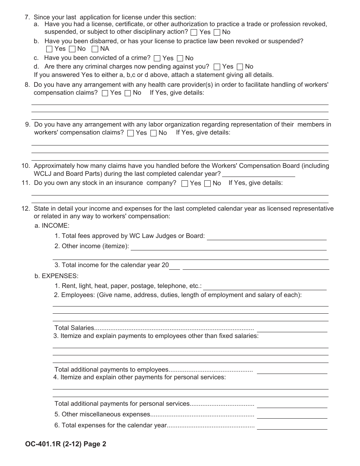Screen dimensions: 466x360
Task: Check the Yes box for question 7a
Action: pos(194,32)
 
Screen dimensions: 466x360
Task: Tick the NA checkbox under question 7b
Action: pos(95,49)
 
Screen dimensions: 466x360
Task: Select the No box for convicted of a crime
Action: pos(180,58)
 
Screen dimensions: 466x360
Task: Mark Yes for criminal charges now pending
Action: pos(217,67)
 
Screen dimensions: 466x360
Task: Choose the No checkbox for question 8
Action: pos(128,93)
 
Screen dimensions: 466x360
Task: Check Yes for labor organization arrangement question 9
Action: pos(131,133)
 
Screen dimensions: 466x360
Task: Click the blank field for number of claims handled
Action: pos(258,174)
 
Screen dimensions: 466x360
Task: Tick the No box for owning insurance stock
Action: pos(207,183)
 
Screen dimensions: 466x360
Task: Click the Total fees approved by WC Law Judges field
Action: pos(266,236)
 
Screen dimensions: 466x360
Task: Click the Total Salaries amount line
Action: pos(292,328)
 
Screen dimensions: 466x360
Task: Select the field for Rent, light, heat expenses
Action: pos(265,286)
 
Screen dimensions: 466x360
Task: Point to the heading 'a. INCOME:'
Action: pos(52,226)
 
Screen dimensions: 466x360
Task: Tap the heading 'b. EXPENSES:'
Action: pos(56,276)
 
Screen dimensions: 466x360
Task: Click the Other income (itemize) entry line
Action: pos(228,247)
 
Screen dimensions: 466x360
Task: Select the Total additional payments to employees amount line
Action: pos(292,370)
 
